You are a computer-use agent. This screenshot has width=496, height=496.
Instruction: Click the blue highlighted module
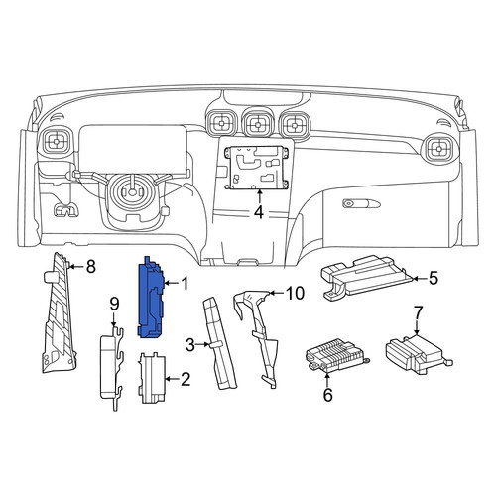[151, 298]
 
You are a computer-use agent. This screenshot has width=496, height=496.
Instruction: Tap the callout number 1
[185, 284]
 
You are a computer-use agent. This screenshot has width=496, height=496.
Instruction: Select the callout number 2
[185, 379]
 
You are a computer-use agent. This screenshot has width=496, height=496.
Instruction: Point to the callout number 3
[190, 345]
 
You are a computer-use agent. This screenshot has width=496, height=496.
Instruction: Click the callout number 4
[259, 212]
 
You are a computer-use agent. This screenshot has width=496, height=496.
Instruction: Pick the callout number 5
[433, 279]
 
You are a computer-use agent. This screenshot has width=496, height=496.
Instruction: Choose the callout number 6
[327, 395]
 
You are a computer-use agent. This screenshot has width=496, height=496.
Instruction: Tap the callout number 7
[418, 312]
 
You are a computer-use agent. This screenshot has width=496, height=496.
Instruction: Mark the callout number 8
[90, 266]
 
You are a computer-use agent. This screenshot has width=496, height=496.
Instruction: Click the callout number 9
[114, 304]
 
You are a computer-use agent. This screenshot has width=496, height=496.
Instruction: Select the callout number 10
[296, 293]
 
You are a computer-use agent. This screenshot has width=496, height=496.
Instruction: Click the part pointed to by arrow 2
[152, 378]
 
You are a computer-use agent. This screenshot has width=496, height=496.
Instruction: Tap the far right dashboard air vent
[439, 149]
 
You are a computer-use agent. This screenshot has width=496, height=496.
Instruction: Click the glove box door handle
[361, 203]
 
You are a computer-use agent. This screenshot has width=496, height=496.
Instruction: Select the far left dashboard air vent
[57, 142]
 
